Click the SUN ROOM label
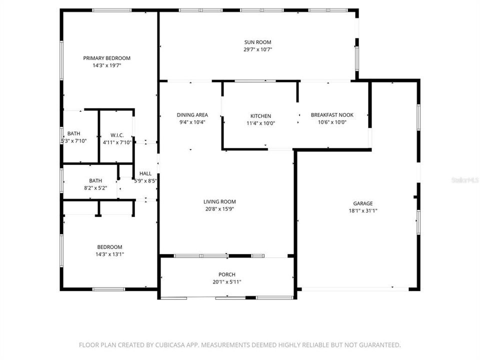(x=257, y=42)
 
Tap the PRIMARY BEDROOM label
(x=106, y=58)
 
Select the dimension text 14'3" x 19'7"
(x=106, y=65)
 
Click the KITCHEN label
(x=260, y=115)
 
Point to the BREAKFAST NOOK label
(x=332, y=114)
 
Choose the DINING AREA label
(x=192, y=114)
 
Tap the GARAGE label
(x=363, y=203)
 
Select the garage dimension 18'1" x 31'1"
(x=363, y=210)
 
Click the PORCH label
(x=226, y=274)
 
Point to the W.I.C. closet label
(x=117, y=135)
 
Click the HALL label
(x=145, y=173)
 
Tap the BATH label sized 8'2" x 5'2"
(x=95, y=180)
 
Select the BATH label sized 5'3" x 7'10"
(x=73, y=133)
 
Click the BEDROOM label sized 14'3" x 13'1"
(x=109, y=247)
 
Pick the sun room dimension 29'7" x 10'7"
(x=257, y=49)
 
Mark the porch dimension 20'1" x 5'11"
(x=226, y=281)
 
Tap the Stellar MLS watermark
(x=464, y=178)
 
